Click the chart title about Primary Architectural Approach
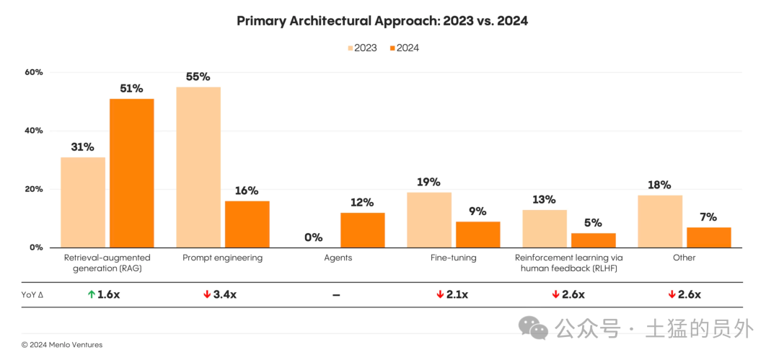pyautogui.click(x=382, y=21)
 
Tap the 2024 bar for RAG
pyautogui.click(x=131, y=173)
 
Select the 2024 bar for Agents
pyautogui.click(x=362, y=230)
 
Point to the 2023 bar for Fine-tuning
pyautogui.click(x=428, y=220)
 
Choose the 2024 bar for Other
pyautogui.click(x=708, y=237)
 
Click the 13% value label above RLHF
pyautogui.click(x=545, y=199)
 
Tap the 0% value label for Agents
pyautogui.click(x=313, y=237)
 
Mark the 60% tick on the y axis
pyautogui.click(x=34, y=72)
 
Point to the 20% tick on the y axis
pyautogui.click(x=34, y=189)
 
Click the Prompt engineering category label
pyautogui.click(x=222, y=258)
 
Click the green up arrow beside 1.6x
pyautogui.click(x=90, y=294)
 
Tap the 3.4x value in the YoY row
pyautogui.click(x=223, y=294)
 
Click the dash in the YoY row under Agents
pyautogui.click(x=336, y=295)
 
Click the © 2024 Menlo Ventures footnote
pyautogui.click(x=62, y=345)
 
